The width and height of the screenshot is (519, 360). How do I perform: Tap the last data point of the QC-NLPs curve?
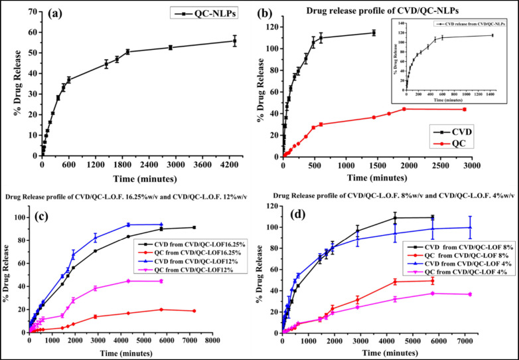tap(234, 41)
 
